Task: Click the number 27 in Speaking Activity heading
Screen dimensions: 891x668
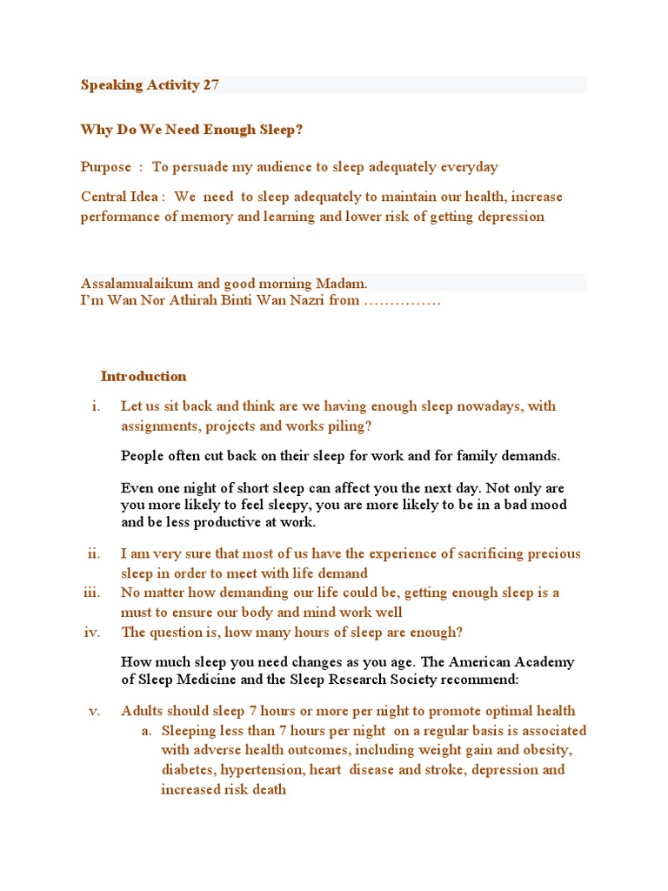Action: [210, 84]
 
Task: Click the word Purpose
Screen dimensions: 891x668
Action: [106, 166]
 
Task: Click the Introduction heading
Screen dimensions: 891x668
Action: [144, 376]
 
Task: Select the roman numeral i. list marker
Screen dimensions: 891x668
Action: [97, 406]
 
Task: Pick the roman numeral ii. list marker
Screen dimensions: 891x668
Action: [94, 553]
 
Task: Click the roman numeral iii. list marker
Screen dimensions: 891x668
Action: [92, 593]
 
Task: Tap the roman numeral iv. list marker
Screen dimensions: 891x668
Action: [93, 632]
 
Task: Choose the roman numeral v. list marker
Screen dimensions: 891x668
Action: [96, 711]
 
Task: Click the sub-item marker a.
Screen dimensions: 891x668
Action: [147, 731]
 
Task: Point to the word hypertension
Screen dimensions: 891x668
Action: [258, 770]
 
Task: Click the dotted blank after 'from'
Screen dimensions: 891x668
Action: [403, 301]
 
